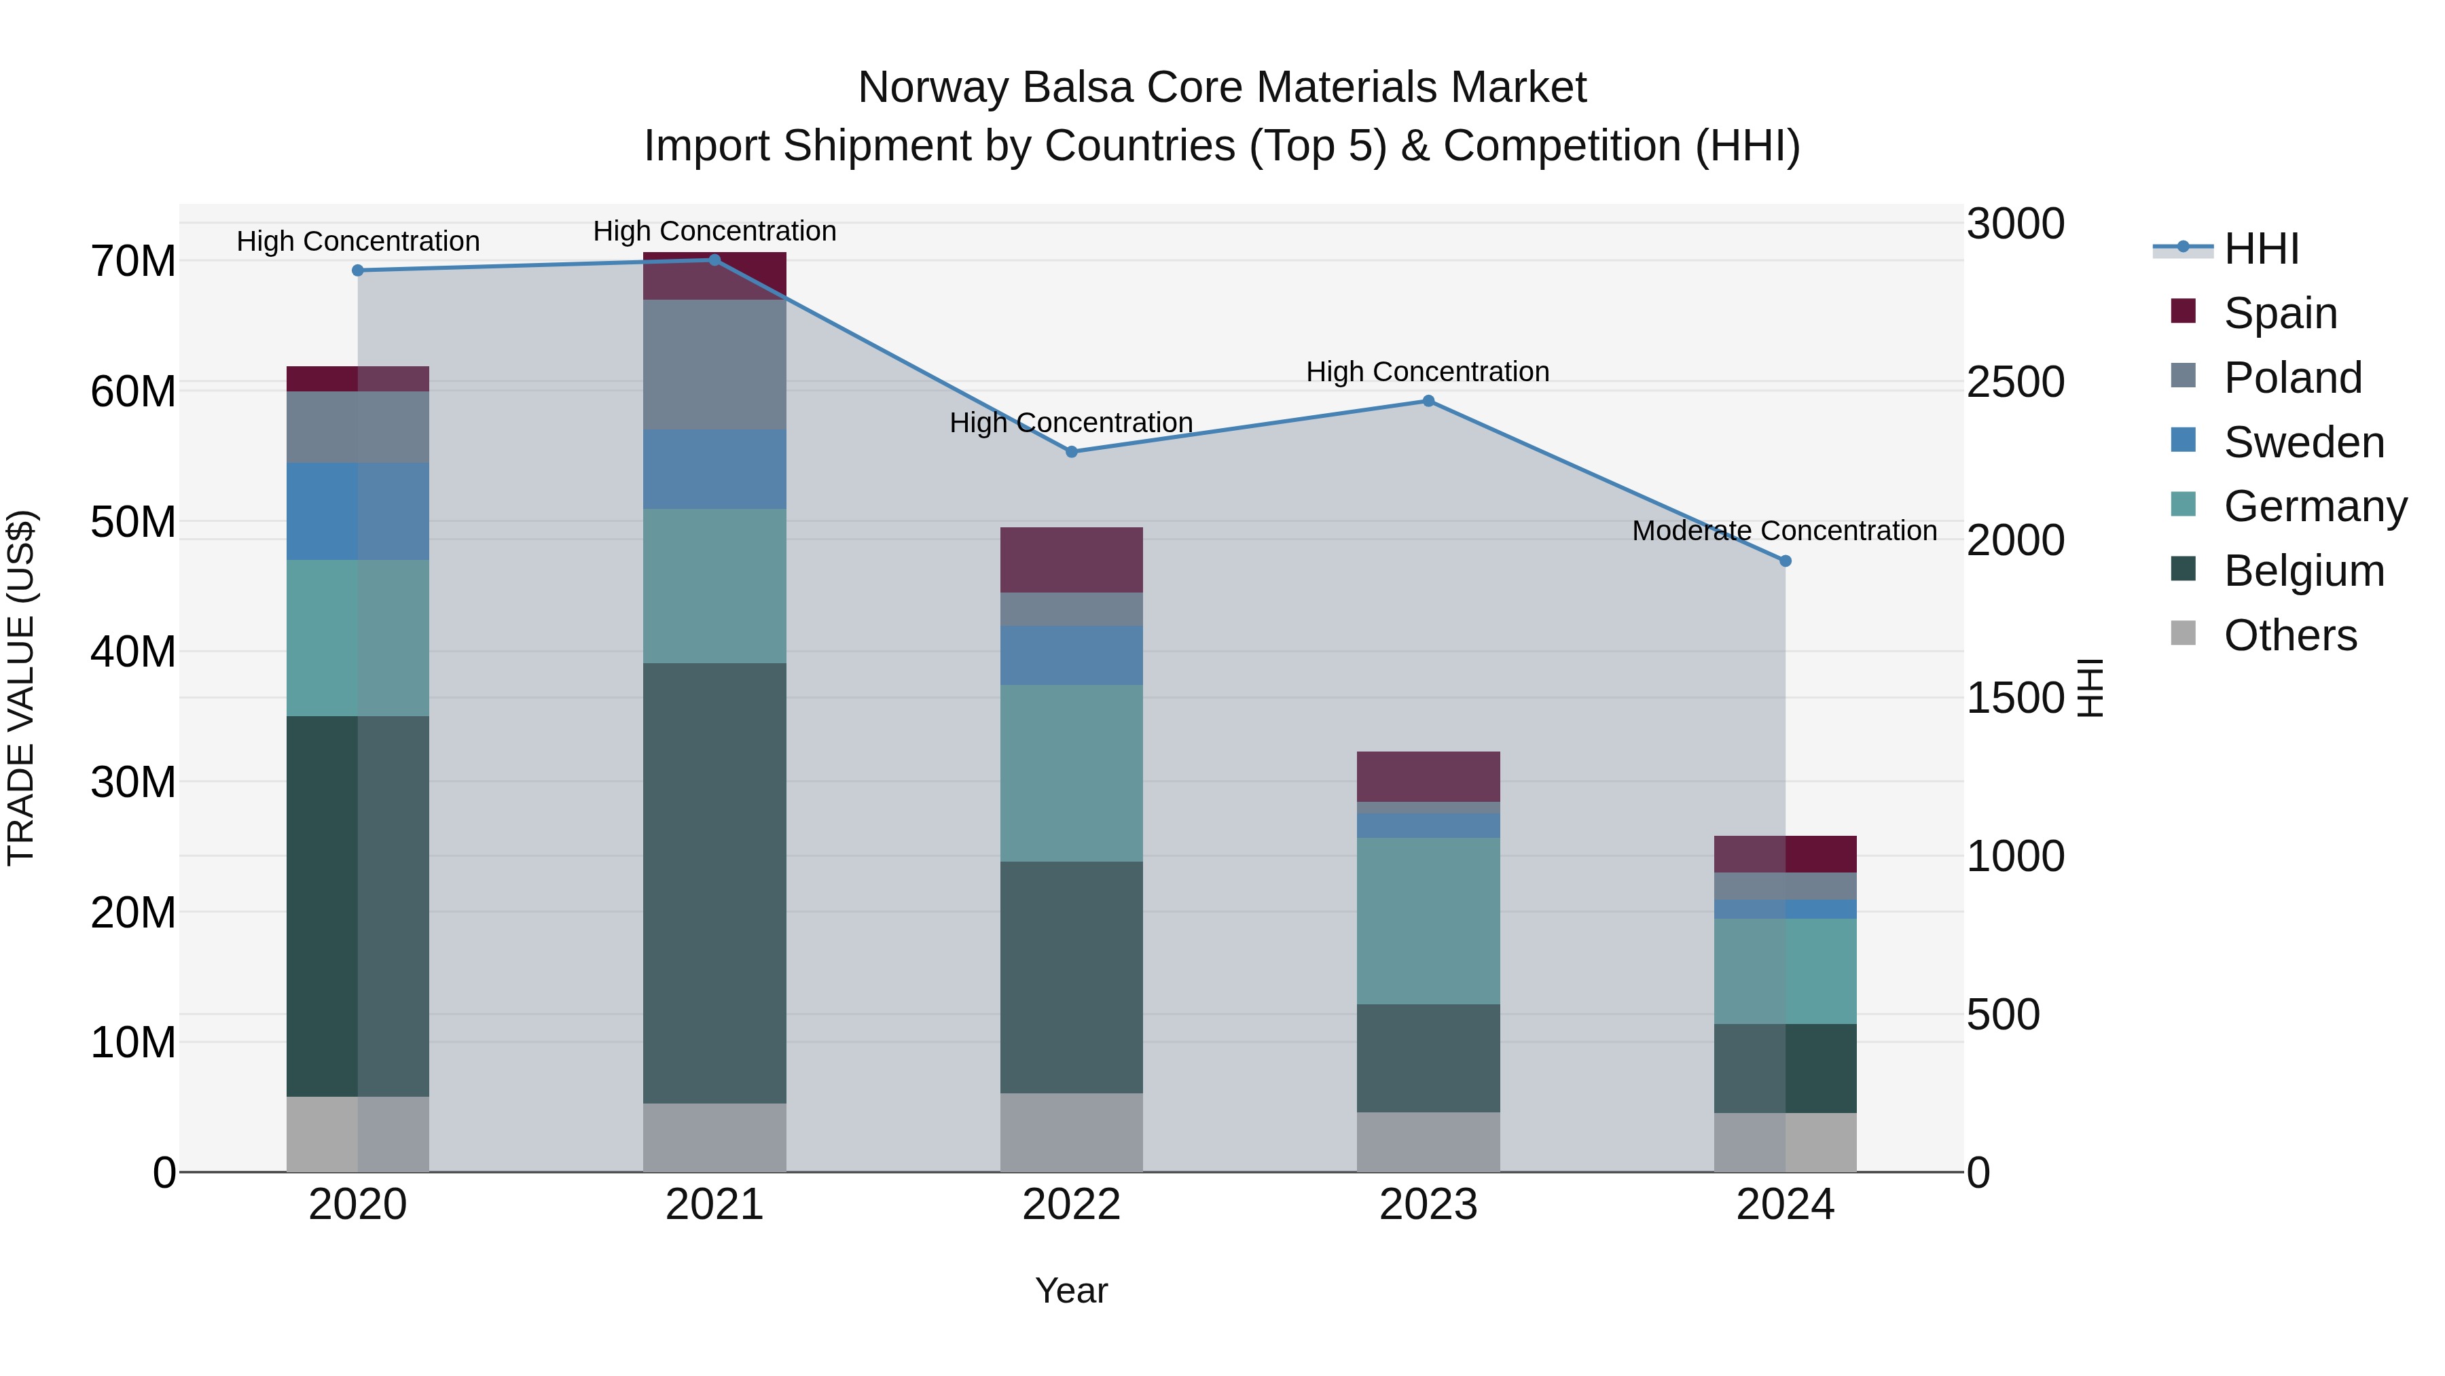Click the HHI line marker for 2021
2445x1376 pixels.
714,260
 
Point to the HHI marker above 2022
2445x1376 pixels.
1072,452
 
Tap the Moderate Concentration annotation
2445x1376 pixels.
1783,531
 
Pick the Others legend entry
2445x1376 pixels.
2289,635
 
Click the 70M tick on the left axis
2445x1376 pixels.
133,261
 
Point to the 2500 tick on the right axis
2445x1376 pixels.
2015,382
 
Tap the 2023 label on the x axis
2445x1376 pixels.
1428,1205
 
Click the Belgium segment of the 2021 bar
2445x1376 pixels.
714,883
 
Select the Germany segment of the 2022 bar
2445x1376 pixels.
1072,773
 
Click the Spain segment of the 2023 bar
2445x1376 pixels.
1428,777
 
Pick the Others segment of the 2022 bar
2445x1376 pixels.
1072,1132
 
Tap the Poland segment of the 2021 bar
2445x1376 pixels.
714,365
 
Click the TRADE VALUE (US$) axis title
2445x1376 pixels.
21,688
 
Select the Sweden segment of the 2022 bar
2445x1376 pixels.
1072,655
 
